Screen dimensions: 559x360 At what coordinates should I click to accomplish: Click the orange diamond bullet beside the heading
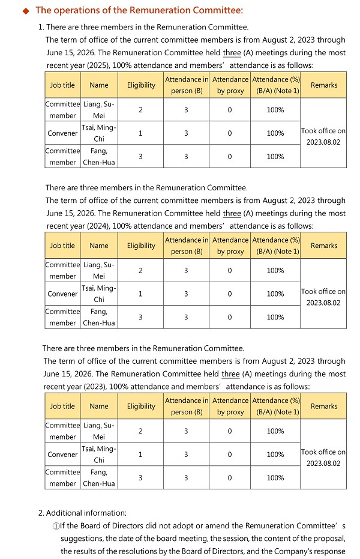26,10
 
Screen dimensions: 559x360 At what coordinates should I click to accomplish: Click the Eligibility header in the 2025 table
141,85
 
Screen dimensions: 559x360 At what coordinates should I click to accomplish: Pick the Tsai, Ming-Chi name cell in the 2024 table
99,294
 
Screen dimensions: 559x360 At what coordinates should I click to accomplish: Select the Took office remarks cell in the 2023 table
323,458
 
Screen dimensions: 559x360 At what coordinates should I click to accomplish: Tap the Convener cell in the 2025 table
62,133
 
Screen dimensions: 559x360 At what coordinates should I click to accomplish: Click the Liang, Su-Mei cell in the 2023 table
99,431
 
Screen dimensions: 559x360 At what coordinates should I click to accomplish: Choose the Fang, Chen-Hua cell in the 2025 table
99,157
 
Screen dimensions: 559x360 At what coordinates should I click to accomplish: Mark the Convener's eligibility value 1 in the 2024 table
140,294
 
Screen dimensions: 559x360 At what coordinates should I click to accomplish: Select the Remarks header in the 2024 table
324,246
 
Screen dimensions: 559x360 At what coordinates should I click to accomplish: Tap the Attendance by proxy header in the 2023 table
230,406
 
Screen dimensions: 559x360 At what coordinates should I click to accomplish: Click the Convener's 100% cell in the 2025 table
275,133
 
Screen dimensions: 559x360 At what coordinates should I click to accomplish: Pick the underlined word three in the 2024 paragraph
232,213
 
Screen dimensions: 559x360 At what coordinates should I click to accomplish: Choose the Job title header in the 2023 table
62,406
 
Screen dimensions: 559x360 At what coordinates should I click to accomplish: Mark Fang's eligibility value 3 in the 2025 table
140,157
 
